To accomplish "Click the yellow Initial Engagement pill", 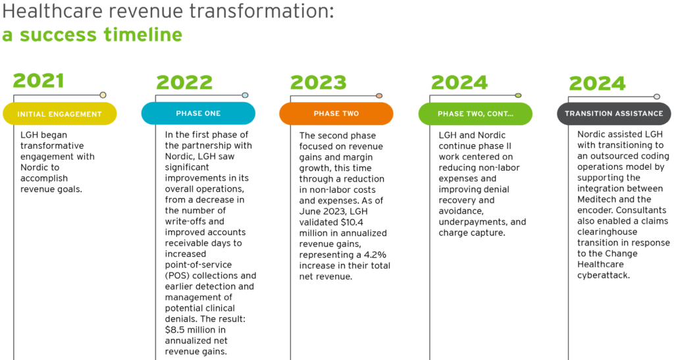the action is tap(60, 114).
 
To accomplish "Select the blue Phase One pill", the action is tap(198, 113).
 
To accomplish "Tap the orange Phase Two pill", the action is tap(336, 113).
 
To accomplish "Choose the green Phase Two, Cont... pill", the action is tap(475, 114).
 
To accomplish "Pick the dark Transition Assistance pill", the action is tap(614, 113).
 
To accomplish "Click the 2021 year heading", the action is tap(38, 81).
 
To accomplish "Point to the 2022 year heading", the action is tap(184, 82).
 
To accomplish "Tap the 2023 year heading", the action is tap(319, 82).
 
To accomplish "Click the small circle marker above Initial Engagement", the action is tap(103, 95).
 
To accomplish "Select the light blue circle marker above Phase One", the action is tap(245, 95).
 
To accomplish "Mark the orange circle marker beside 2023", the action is tap(379, 96).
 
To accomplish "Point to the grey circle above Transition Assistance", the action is tap(656, 97).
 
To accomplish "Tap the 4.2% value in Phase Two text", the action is tap(375, 255).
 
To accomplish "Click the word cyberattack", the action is tap(604, 275).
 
